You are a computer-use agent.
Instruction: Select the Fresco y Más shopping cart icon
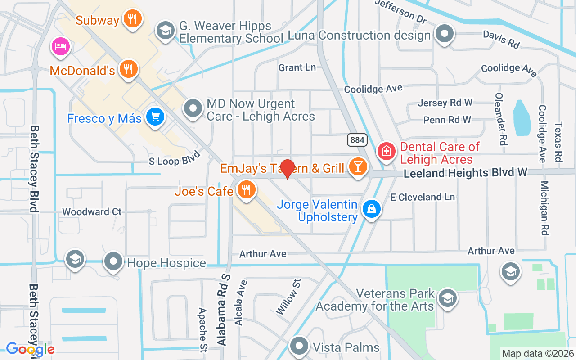click(x=155, y=117)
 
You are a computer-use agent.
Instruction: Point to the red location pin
click(x=287, y=168)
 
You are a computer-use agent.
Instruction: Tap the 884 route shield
click(x=357, y=140)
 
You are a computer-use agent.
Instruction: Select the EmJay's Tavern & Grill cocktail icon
click(x=358, y=167)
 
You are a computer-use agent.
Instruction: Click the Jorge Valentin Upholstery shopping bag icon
click(x=372, y=209)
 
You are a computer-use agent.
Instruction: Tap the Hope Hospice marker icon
click(x=113, y=261)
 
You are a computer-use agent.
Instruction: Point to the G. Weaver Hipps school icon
click(x=166, y=31)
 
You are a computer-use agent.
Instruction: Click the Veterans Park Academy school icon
click(x=447, y=298)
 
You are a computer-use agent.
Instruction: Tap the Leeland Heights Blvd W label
click(x=465, y=173)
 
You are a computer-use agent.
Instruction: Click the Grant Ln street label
click(x=297, y=67)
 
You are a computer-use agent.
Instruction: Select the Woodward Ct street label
click(x=92, y=211)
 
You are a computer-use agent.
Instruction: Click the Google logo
click(x=30, y=349)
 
